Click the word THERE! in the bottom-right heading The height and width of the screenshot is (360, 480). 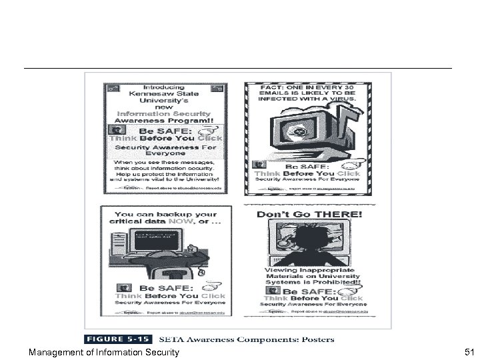coord(342,215)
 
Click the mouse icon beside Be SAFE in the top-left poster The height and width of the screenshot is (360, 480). coord(211,131)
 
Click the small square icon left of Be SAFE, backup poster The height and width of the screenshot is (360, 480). coord(107,289)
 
